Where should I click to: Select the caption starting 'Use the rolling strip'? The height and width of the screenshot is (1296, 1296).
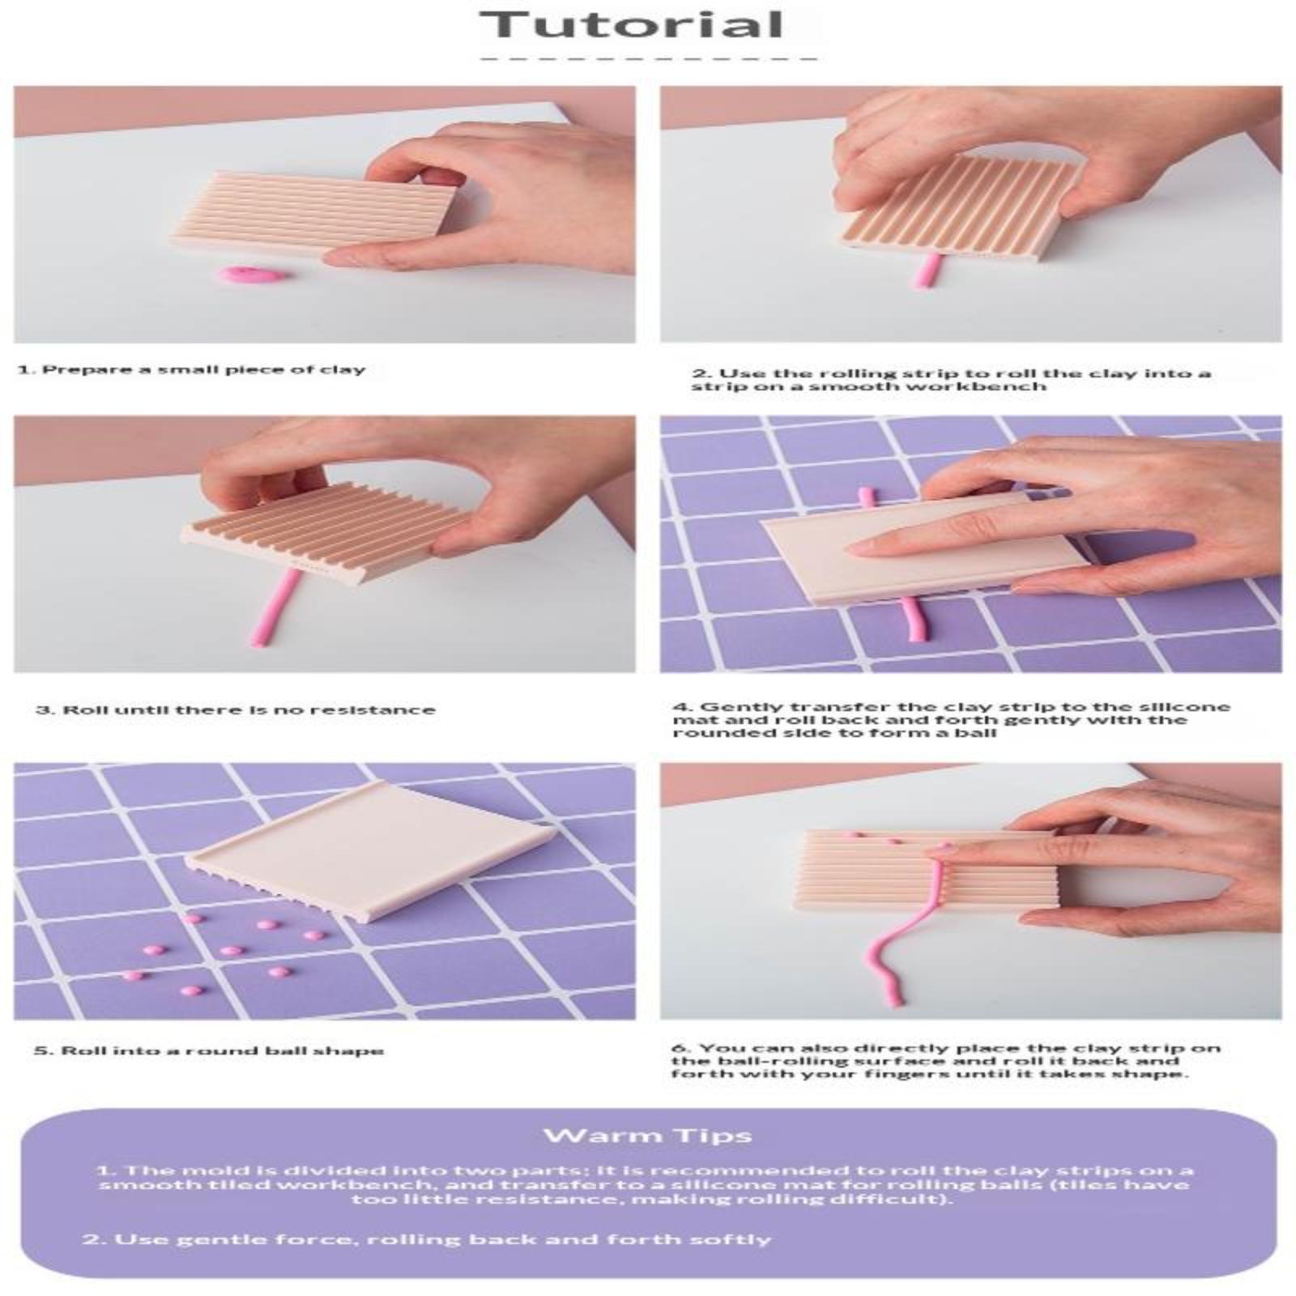pyautogui.click(x=951, y=379)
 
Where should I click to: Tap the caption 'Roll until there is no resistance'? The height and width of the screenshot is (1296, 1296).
pyautogui.click(x=235, y=710)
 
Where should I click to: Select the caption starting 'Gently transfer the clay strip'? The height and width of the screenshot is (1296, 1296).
pyautogui.click(x=951, y=719)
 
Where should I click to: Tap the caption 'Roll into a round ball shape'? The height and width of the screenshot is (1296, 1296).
pyautogui.click(x=209, y=1051)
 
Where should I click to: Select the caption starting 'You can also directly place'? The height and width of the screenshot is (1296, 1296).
pyautogui.click(x=946, y=1060)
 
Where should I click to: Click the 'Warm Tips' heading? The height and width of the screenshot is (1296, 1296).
pyautogui.click(x=648, y=1135)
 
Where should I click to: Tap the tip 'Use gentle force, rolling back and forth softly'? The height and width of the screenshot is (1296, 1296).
pyautogui.click(x=426, y=1239)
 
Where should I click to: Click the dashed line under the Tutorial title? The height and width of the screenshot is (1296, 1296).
pyautogui.click(x=648, y=58)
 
